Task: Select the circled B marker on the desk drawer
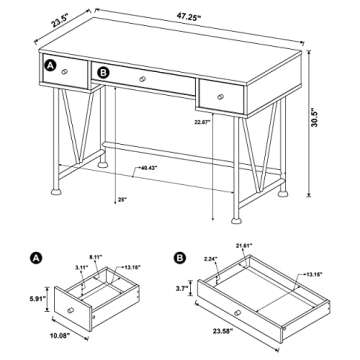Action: pyautogui.click(x=101, y=71)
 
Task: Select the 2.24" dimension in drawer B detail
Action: pyautogui.click(x=210, y=257)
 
